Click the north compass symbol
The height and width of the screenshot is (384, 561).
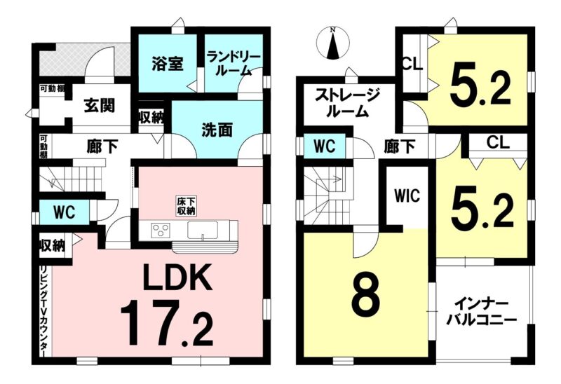click(333, 43)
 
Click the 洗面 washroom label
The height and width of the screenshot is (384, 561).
click(217, 130)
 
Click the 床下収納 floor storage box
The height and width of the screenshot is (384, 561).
click(186, 206)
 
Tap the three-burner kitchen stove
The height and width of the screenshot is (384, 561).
click(161, 230)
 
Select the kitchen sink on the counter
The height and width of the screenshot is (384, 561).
click(203, 230)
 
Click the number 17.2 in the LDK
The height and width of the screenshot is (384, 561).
click(166, 322)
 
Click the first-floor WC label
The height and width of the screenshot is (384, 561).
click(65, 213)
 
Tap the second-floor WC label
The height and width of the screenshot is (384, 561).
click(325, 146)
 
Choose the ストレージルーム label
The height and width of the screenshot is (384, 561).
click(347, 103)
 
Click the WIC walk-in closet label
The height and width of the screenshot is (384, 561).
click(407, 196)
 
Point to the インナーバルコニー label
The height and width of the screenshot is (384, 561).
click(482, 312)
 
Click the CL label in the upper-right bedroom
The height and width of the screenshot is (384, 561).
click(412, 65)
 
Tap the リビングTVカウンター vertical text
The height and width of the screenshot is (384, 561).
click(45, 311)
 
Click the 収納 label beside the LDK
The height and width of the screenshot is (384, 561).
click(52, 246)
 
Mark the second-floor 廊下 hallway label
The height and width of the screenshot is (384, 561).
click(400, 146)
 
